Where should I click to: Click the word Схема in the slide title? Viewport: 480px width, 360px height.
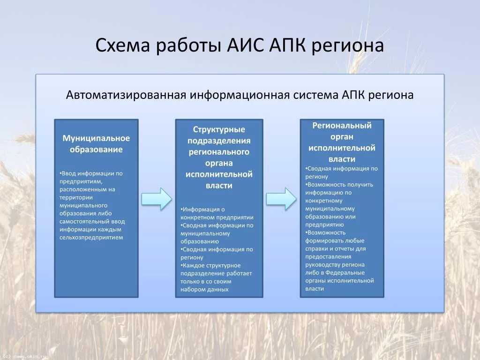[x=123, y=46]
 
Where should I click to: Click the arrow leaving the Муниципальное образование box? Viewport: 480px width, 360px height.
[x=157, y=199]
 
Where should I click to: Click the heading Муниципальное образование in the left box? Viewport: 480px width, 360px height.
[x=96, y=144]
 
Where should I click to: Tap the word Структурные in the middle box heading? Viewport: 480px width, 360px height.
[x=219, y=129]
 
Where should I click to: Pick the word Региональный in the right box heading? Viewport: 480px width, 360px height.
[x=342, y=126]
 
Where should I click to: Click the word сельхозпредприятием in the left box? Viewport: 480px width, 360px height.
[x=91, y=238]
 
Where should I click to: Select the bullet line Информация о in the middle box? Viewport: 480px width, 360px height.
[x=204, y=209]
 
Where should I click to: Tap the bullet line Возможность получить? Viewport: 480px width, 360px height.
[x=339, y=184]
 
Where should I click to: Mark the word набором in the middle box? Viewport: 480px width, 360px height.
[x=192, y=289]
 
